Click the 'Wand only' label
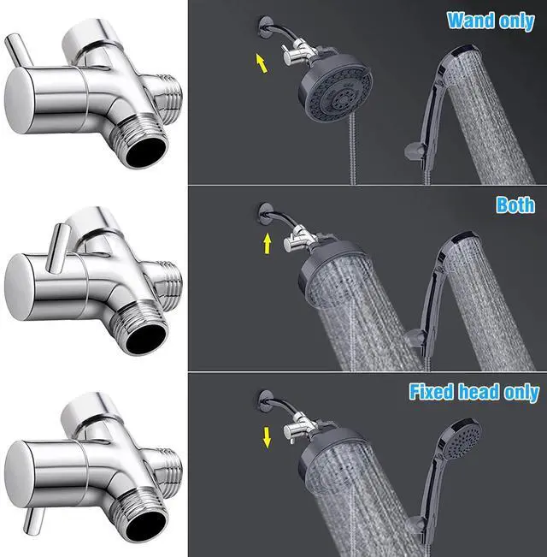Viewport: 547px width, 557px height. point(490,21)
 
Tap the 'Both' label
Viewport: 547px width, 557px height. point(515,205)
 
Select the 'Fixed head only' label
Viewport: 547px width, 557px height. point(473,393)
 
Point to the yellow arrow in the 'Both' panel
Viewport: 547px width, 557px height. point(268,246)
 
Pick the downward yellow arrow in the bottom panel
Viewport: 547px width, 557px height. point(268,438)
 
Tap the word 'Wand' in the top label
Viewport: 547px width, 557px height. point(468,21)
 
